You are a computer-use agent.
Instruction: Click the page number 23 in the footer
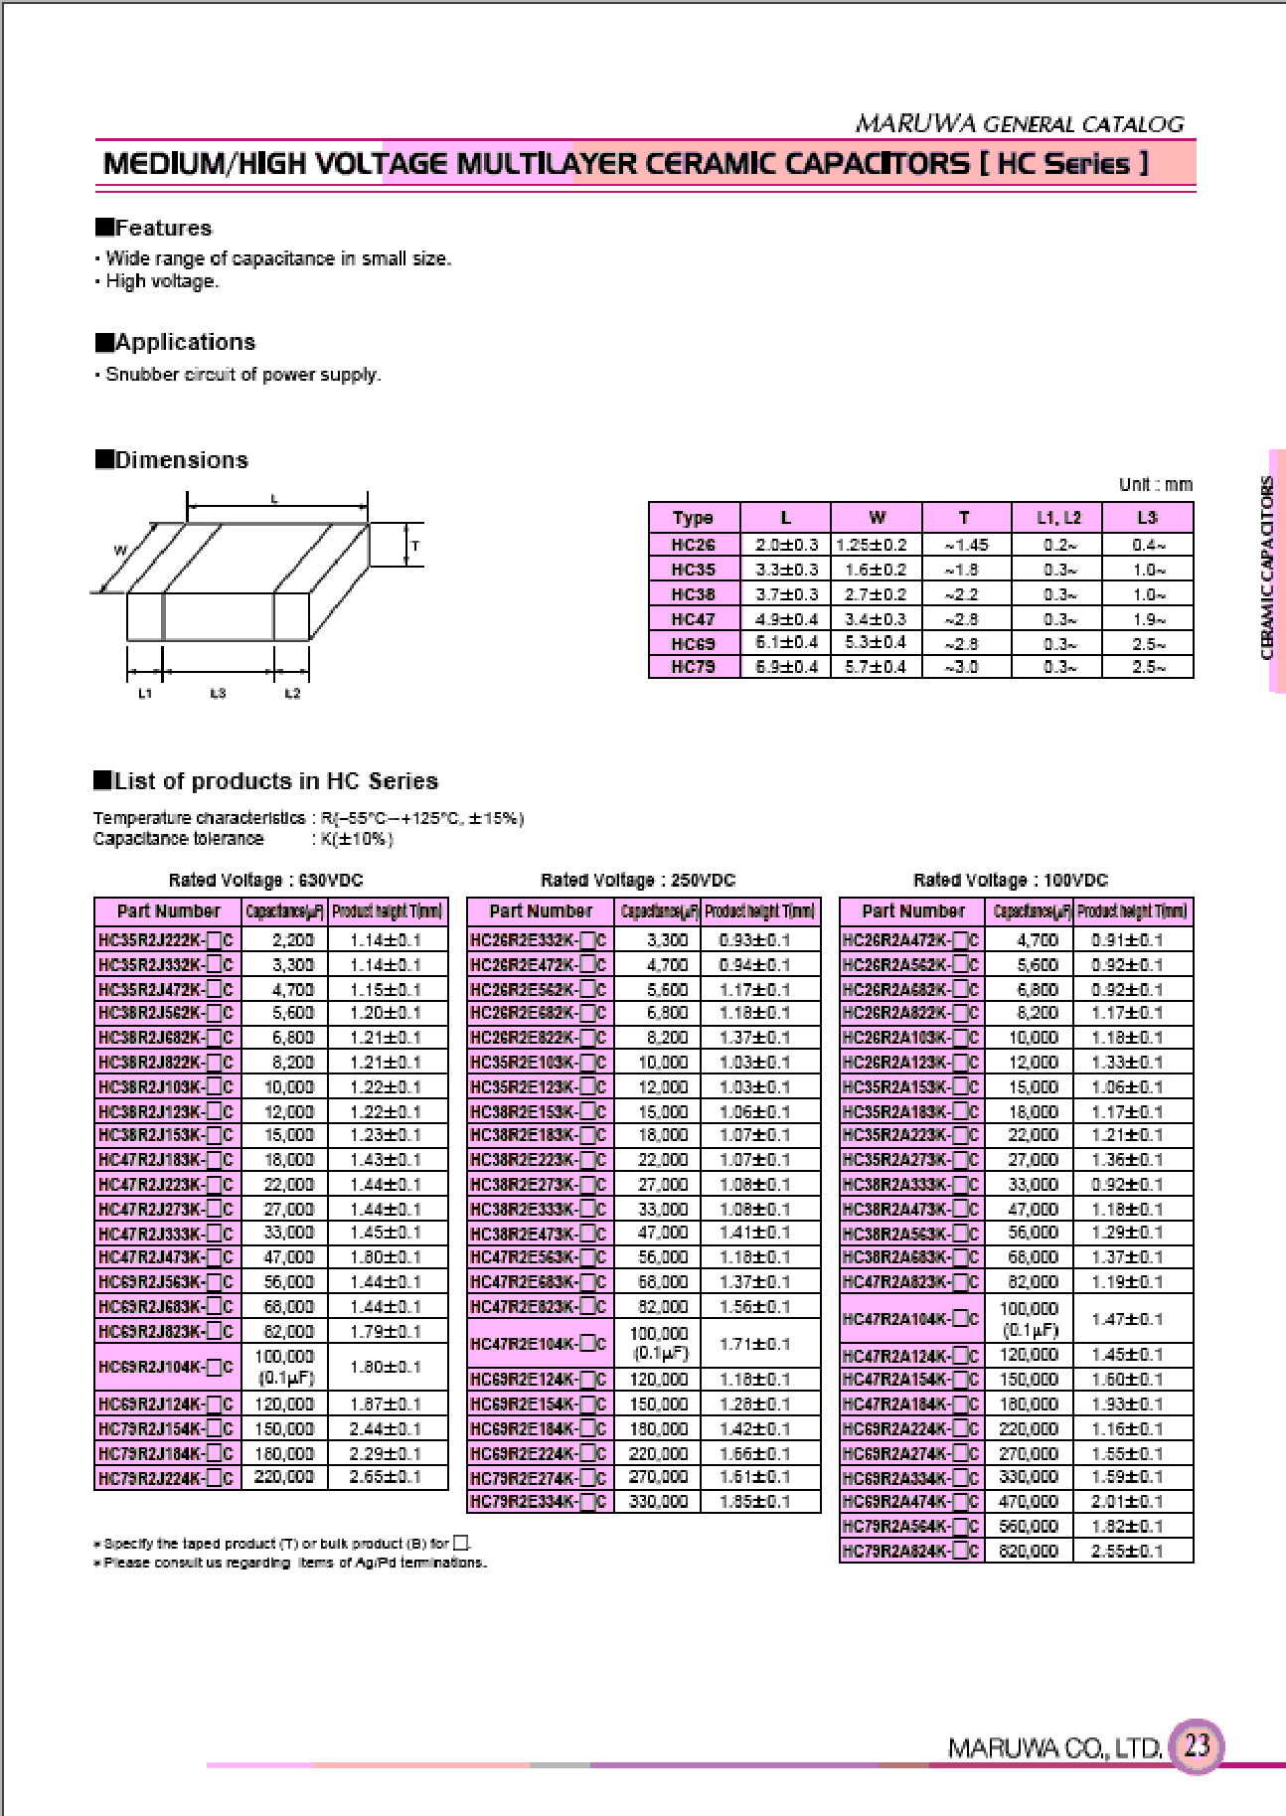tap(1197, 1745)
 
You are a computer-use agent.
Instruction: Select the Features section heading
tap(154, 228)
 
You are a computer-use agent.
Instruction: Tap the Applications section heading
tap(176, 342)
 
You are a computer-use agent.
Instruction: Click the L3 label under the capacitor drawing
tap(218, 693)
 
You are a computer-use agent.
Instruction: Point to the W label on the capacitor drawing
tap(120, 550)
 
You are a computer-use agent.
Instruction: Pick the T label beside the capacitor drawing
tap(415, 546)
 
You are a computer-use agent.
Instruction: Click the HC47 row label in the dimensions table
tap(693, 619)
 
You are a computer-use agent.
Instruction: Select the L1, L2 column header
tap(1057, 518)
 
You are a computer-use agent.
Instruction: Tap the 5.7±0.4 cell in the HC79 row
tap(876, 667)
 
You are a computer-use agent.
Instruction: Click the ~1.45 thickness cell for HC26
tap(966, 545)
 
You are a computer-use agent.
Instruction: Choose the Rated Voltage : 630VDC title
tap(266, 880)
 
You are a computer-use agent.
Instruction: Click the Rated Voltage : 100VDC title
tap(1010, 880)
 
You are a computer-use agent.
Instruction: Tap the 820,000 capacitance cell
tap(1029, 1551)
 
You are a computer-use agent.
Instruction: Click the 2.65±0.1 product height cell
tap(386, 1477)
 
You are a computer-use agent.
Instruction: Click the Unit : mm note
tap(1155, 485)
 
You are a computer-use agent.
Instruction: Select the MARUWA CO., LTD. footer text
tap(1054, 1747)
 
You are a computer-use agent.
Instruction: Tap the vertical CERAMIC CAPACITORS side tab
tap(1268, 569)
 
